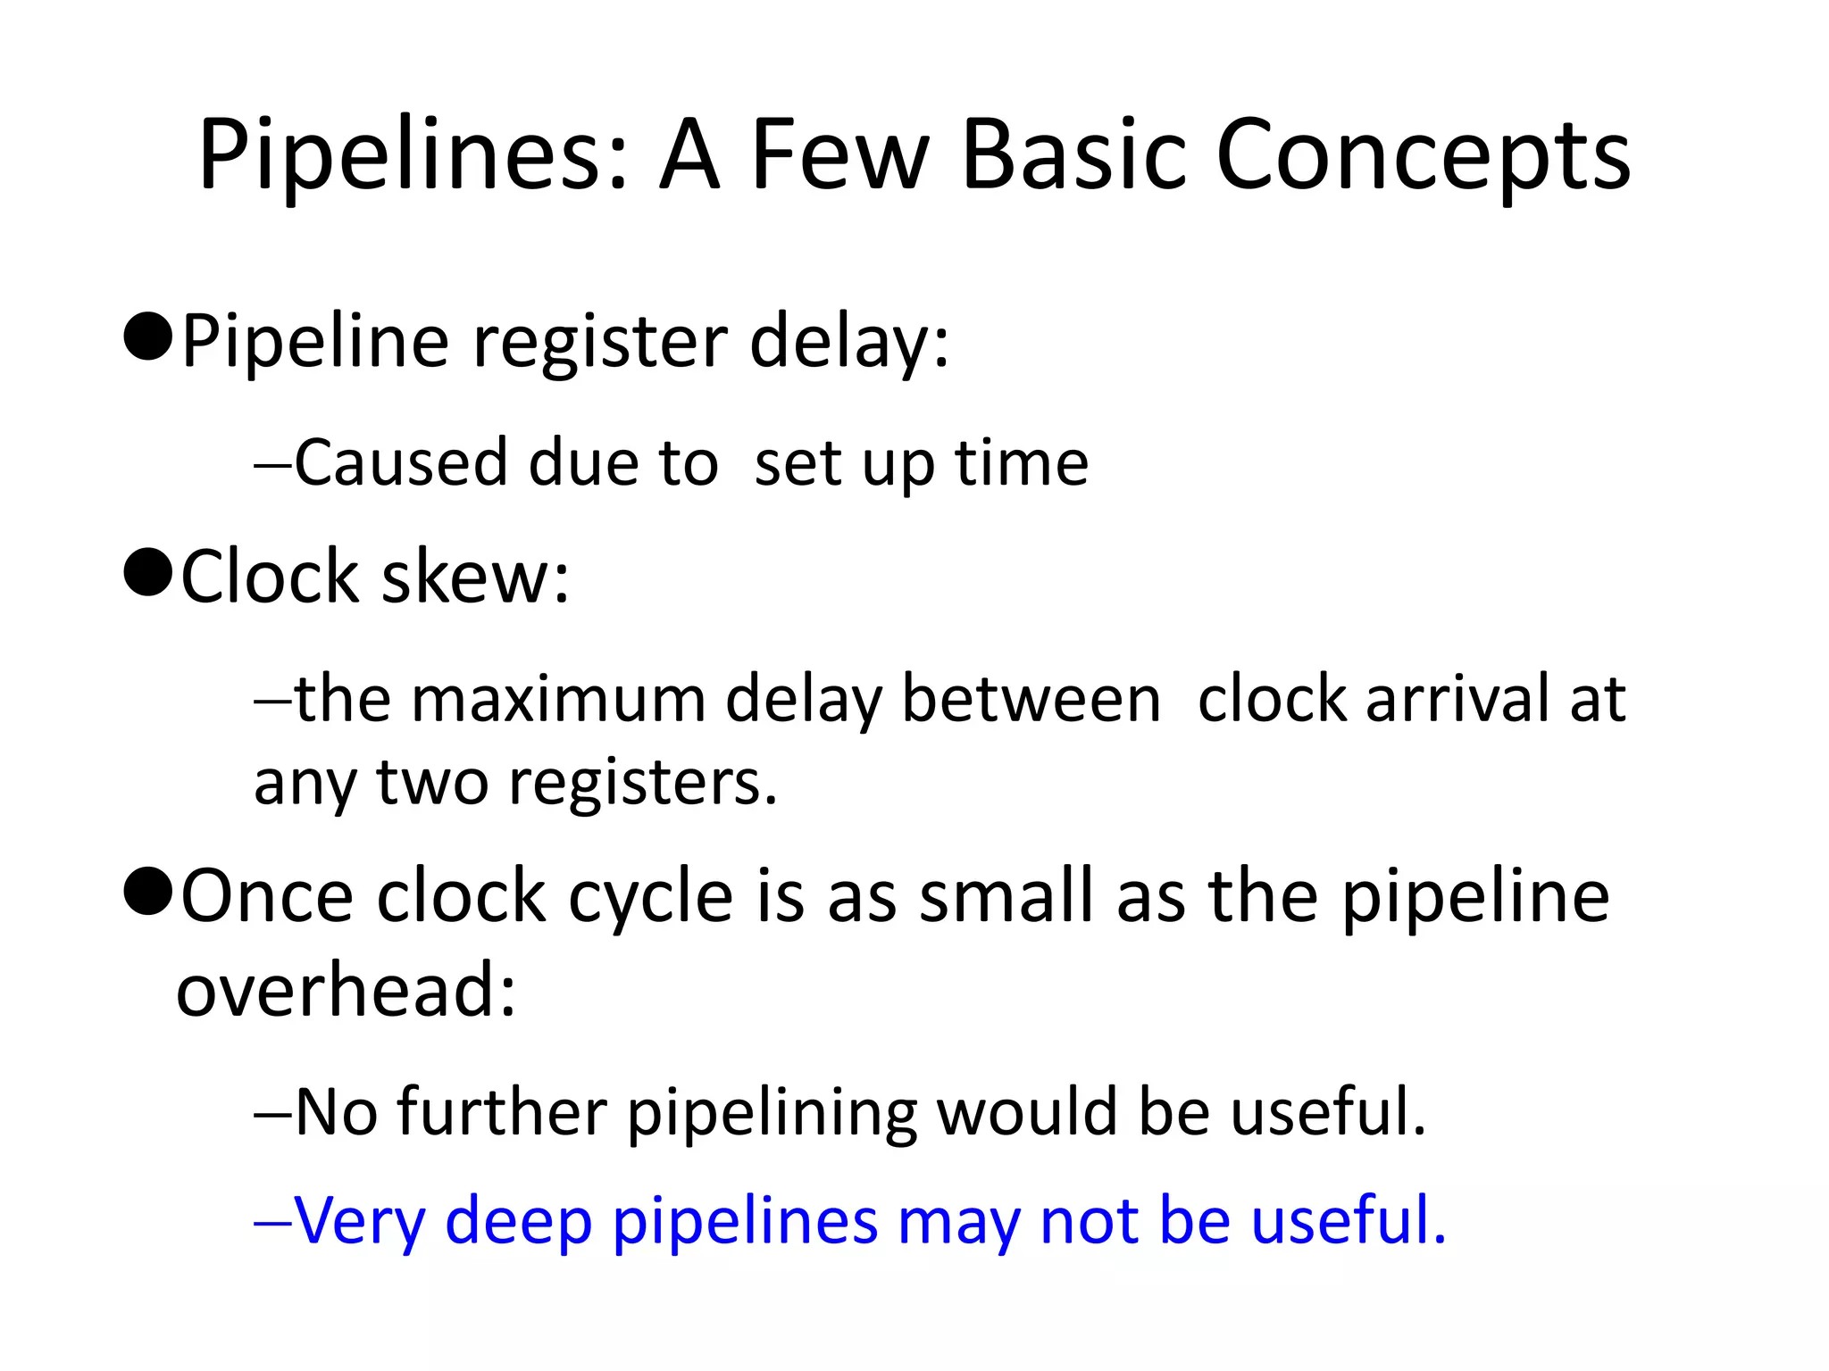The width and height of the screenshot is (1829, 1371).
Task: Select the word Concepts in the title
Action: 1424,156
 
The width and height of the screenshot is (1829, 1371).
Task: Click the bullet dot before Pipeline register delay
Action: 148,337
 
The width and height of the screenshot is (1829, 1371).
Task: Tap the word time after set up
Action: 1022,463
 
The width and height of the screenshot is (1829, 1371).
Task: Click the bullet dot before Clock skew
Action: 148,572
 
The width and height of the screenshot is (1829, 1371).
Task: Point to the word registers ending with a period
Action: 642,783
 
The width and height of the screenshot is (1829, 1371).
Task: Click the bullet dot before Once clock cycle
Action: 148,892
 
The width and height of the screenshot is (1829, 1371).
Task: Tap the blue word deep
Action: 518,1221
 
